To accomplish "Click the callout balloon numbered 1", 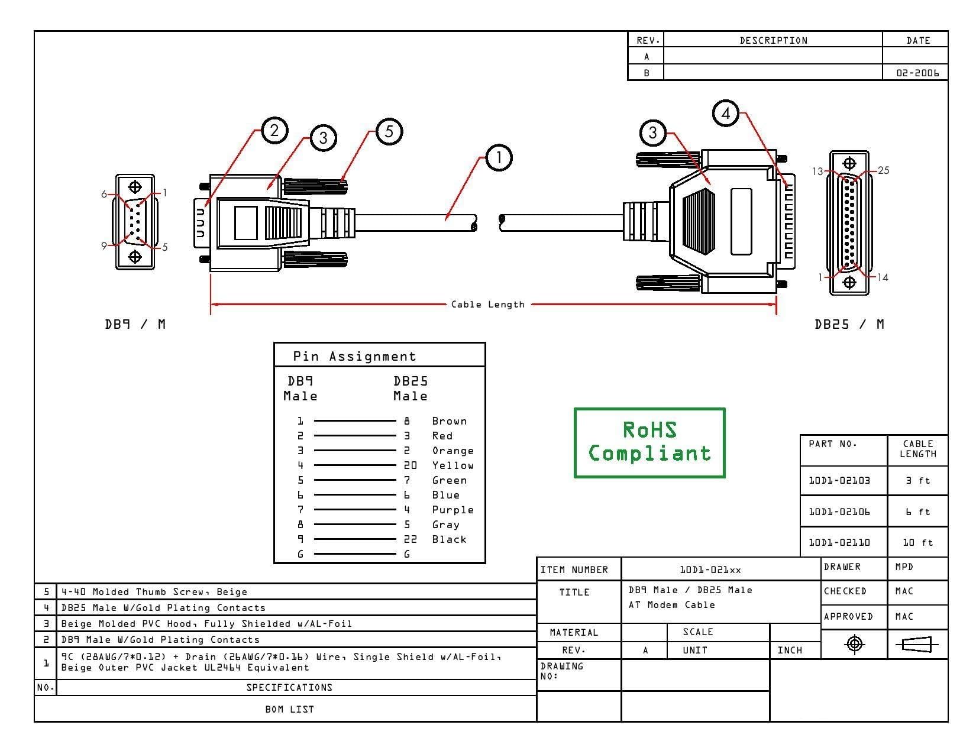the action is coord(498,158).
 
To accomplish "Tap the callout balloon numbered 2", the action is coord(274,130).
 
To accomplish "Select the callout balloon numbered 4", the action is coord(725,113).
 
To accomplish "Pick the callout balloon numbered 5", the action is coord(389,131).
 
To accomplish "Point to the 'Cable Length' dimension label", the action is coord(487,305).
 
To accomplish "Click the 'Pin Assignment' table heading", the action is coord(354,356).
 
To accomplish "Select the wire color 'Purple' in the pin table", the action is coord(453,510).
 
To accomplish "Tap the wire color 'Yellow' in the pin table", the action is coord(453,465).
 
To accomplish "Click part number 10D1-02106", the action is coord(839,512).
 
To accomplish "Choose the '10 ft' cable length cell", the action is coord(917,542).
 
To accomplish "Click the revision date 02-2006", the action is coord(917,73).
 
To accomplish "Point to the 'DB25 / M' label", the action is coord(849,324).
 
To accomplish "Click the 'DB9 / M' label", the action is coord(135,324).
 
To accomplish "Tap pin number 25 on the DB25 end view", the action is coord(883,170).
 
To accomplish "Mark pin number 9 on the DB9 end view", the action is coord(104,245).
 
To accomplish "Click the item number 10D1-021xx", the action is coord(710,570).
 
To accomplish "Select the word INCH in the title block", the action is coord(790,650).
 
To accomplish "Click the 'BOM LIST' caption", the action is coord(289,709).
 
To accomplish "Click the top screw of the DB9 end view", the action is coord(135,186).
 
